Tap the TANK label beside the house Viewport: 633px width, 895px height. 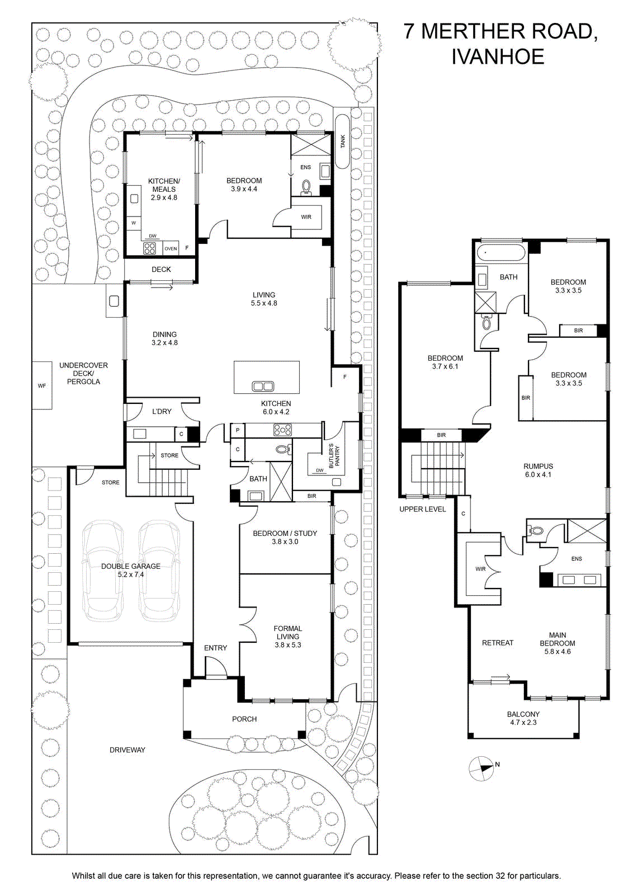[x=343, y=142]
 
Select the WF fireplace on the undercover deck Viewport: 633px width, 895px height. [x=42, y=385]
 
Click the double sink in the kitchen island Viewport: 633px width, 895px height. [x=262, y=387]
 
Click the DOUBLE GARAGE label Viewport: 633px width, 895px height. [x=131, y=566]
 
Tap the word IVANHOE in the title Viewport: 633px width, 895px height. [x=498, y=56]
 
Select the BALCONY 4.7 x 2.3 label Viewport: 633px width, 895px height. [x=523, y=718]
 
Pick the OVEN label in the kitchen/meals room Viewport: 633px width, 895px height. [x=171, y=248]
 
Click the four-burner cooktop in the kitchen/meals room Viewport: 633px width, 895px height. [x=150, y=248]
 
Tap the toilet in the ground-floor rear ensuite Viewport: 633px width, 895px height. [x=306, y=187]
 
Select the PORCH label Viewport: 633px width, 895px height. [x=244, y=719]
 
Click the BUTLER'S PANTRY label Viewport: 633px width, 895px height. [x=333, y=456]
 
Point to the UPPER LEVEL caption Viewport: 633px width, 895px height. [x=423, y=509]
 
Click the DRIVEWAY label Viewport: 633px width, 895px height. [x=127, y=750]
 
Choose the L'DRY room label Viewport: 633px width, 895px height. [x=162, y=411]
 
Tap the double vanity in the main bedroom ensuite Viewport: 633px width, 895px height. [x=579, y=580]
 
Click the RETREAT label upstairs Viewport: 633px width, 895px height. [x=498, y=643]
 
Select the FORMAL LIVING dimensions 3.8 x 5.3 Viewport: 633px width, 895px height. [x=287, y=645]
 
